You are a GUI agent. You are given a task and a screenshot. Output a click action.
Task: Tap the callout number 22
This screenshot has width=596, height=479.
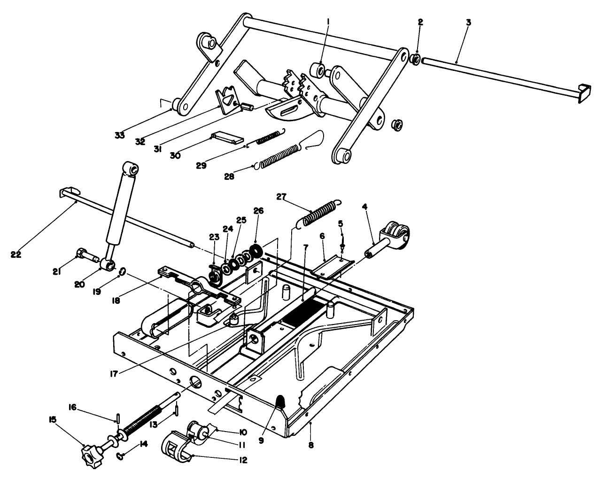pos(15,255)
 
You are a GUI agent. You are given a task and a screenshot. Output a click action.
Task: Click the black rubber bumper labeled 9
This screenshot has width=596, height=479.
pos(280,402)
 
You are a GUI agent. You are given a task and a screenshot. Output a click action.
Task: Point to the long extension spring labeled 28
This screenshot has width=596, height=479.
pos(279,155)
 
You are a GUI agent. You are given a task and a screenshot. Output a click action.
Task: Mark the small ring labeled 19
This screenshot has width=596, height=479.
pos(122,271)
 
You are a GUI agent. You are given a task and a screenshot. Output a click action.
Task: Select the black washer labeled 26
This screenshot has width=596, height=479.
pos(256,249)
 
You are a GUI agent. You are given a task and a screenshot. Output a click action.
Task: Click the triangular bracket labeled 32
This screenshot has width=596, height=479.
pos(227,99)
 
